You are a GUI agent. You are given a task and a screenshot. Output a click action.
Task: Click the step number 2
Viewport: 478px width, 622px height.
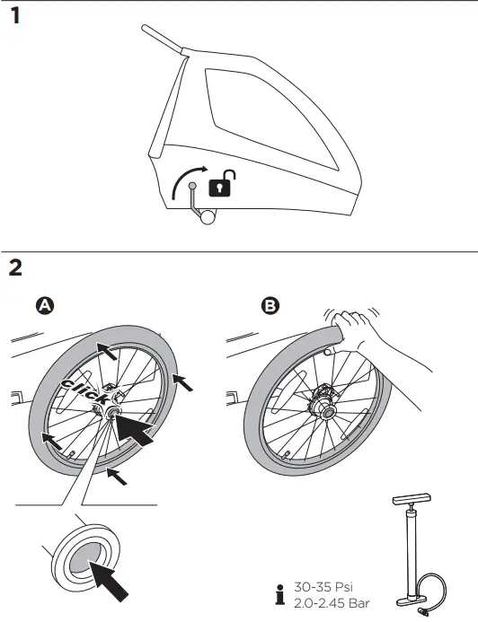click(16, 267)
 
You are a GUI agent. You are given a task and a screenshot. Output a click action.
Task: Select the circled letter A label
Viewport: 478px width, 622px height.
click(43, 306)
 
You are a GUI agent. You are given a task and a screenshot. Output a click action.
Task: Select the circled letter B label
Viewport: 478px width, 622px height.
click(269, 306)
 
